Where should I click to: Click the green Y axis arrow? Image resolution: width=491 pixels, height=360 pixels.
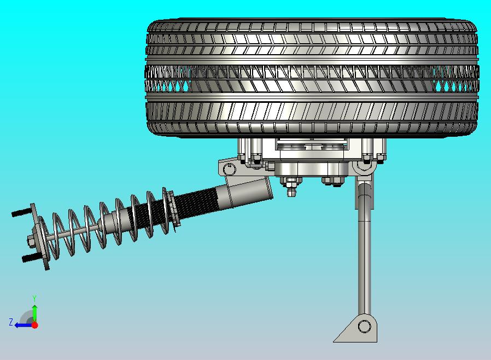(x=34, y=312)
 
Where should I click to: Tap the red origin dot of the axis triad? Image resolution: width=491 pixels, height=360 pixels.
(x=34, y=325)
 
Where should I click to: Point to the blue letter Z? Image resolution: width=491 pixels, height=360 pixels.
(x=10, y=322)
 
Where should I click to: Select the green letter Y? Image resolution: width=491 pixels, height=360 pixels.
(x=34, y=298)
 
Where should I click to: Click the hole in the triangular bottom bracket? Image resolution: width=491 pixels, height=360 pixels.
(x=364, y=327)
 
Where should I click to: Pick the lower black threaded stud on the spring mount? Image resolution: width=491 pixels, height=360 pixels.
(x=30, y=258)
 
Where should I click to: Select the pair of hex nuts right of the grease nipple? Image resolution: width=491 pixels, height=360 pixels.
(x=333, y=180)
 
